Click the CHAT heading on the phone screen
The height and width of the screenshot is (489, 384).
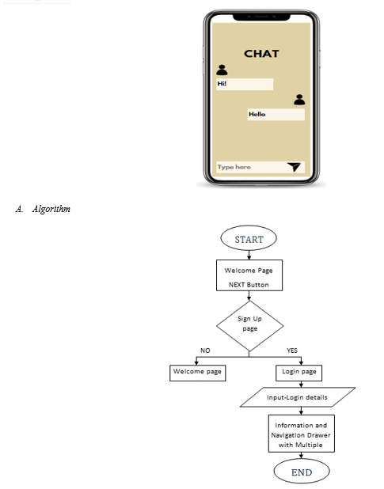coord(261,54)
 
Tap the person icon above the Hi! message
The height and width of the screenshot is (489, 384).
coord(222,70)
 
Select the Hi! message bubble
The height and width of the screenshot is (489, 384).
coord(245,84)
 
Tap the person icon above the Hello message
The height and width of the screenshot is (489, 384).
coord(299,100)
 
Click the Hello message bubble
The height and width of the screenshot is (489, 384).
coord(276,115)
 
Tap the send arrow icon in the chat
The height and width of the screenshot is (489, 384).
coord(294,167)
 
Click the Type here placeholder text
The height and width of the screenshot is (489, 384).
coord(234,167)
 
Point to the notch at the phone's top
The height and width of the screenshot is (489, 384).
coord(261,17)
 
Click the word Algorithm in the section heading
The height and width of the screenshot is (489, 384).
coord(51,209)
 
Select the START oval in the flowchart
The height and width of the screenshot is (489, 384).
coord(249,238)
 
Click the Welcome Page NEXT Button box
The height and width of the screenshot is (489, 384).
coord(249,275)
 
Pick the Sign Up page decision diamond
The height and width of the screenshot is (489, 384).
coord(249,326)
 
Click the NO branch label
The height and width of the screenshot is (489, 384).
coord(205,351)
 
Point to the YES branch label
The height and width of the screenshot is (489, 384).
coord(292,351)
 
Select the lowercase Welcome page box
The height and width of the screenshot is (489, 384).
coord(198,373)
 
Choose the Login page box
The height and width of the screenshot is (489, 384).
coord(298,373)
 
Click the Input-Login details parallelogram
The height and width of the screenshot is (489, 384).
coord(298,397)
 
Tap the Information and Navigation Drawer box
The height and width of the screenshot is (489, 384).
coord(302,434)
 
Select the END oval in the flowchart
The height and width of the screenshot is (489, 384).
coord(302,472)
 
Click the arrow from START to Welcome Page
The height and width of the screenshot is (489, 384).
coord(249,255)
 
